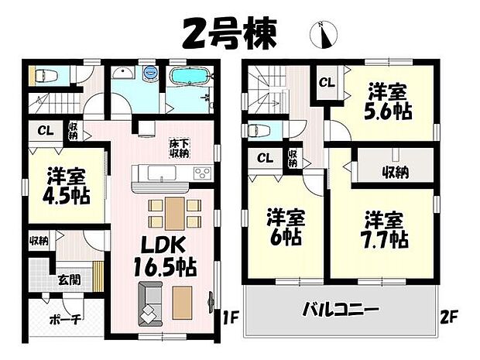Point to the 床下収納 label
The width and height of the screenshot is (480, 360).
point(180,147)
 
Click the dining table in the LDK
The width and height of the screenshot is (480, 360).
point(174,211)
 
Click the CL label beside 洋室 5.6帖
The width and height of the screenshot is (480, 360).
point(327,81)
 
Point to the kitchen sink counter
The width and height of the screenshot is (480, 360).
point(161,174)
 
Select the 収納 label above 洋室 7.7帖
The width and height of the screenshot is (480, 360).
point(393,172)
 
